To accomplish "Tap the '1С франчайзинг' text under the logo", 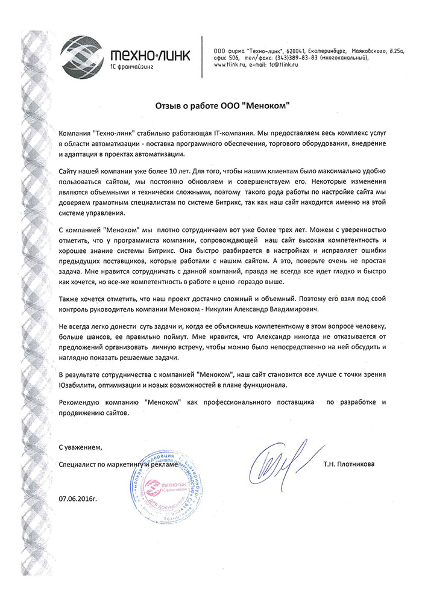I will [134, 67].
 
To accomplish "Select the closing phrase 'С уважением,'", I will [81, 447].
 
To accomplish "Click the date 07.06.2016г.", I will [78, 498].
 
